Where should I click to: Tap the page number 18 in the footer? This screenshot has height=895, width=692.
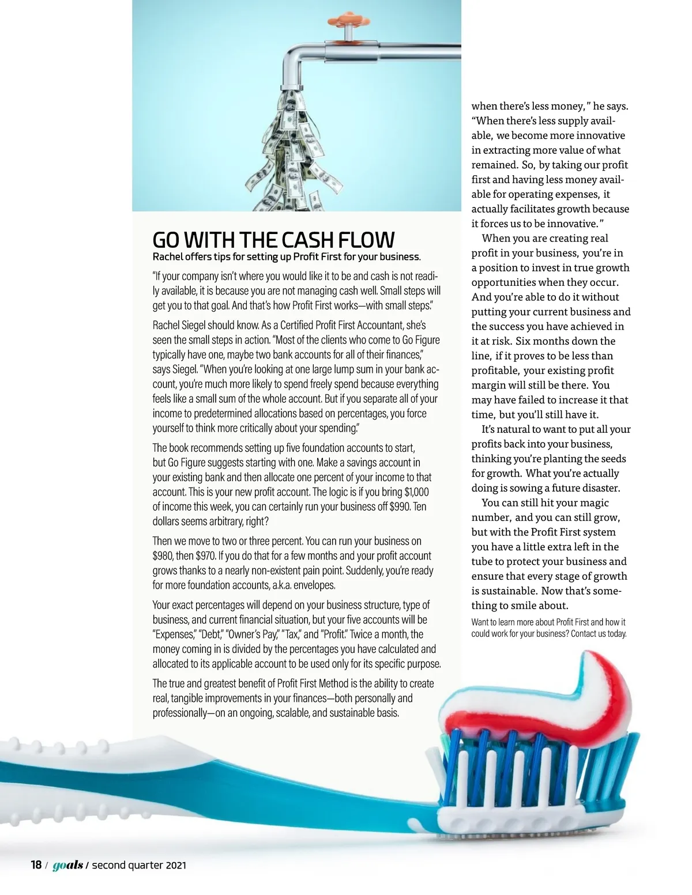36,865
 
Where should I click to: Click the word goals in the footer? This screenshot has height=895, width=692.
67,865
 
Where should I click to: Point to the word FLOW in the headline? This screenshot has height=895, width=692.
367,240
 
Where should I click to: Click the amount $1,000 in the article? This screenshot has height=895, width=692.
416,492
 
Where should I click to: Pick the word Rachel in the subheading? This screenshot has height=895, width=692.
166,256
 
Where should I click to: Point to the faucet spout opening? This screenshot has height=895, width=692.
293,90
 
